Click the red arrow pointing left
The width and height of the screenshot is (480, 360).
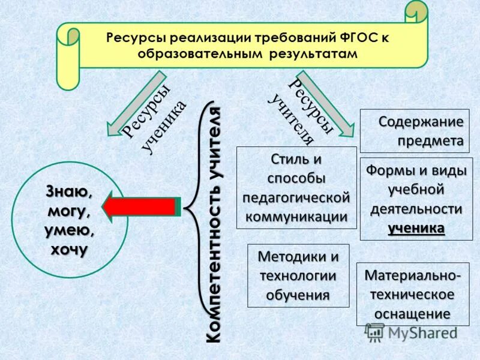pos(139,206)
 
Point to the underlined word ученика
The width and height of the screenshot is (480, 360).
pos(416,228)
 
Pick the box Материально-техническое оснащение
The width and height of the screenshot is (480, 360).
pos(412,295)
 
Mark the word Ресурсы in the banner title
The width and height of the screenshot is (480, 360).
pos(137,38)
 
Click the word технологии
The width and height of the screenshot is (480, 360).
pos(298,276)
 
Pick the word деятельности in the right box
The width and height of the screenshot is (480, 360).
pos(416,209)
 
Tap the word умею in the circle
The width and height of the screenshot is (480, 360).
pos(67,230)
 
